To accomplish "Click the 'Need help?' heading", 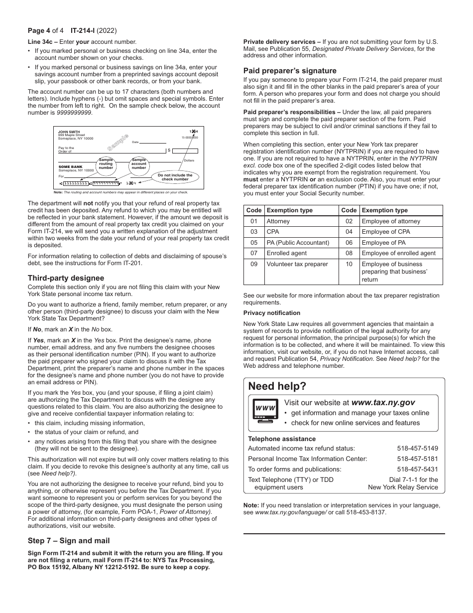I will [x=277, y=386].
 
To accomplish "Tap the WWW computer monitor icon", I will [x=265, y=412].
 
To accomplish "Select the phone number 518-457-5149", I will [x=417, y=448].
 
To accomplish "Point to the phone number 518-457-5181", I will [x=417, y=459].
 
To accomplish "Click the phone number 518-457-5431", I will [x=417, y=469].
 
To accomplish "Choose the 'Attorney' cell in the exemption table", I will [x=278, y=221].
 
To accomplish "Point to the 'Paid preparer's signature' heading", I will [x=290, y=71].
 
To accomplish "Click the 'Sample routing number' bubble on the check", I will [x=106, y=164].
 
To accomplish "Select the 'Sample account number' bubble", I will [x=139, y=164].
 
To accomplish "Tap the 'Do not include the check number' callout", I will [x=175, y=177].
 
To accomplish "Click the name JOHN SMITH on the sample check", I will [x=69, y=132].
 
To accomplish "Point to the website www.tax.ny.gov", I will [x=383, y=402].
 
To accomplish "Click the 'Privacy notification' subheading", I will [x=271, y=313].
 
